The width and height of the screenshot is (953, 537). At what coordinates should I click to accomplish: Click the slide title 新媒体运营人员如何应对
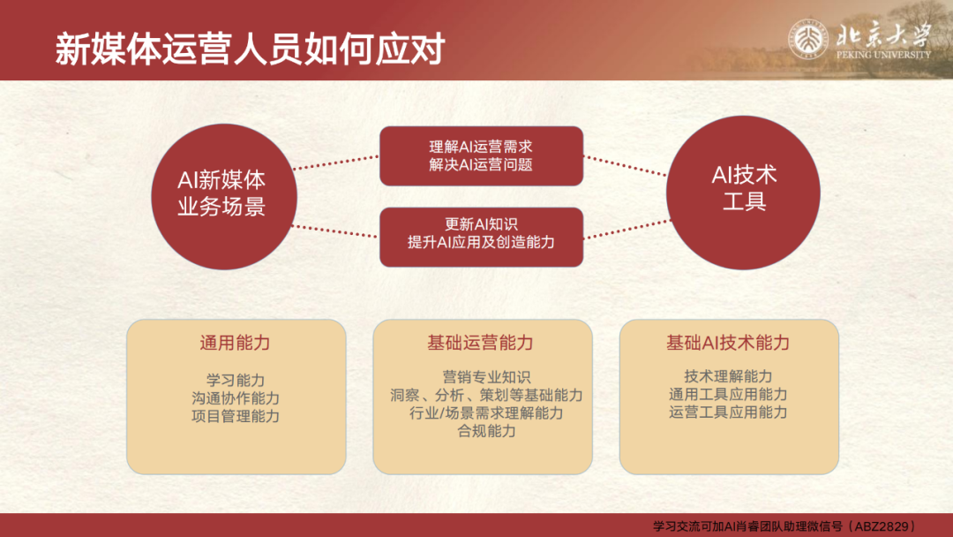[250, 49]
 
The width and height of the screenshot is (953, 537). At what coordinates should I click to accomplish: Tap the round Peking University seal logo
[807, 40]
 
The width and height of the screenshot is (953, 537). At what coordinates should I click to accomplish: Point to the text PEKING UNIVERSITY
[883, 55]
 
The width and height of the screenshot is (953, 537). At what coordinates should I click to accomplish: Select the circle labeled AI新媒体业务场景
[223, 196]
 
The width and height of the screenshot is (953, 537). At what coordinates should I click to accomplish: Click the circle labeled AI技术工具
[743, 193]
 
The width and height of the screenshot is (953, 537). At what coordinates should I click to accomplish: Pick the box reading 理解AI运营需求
[482, 155]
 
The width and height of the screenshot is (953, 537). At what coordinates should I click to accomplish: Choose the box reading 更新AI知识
[482, 237]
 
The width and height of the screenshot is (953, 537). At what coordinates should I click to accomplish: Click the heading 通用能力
[236, 343]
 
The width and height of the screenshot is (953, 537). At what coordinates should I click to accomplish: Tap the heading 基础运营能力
[480, 343]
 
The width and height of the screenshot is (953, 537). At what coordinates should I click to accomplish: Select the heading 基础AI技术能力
[727, 343]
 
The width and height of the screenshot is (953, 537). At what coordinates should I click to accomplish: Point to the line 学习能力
[236, 381]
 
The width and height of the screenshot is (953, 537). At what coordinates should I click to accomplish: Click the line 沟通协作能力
[236, 398]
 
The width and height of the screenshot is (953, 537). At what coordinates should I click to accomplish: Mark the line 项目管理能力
[236, 416]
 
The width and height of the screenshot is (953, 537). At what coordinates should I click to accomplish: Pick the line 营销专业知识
[486, 378]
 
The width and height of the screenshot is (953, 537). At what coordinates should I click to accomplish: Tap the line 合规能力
[486, 431]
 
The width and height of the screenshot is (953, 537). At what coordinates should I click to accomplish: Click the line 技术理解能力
[727, 376]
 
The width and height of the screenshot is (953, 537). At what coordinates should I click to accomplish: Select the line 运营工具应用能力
[727, 412]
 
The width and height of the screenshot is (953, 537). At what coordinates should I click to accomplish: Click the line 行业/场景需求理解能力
[486, 413]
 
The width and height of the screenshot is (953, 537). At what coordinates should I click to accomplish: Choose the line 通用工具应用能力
[727, 394]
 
